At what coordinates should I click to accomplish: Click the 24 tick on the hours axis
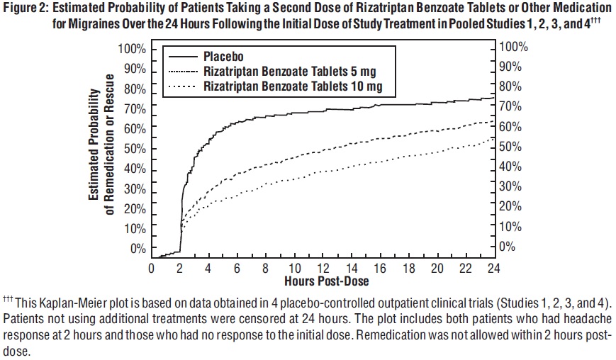click(x=493, y=269)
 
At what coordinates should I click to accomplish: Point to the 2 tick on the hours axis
click(x=180, y=269)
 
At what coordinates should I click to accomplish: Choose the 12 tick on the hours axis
click(x=323, y=269)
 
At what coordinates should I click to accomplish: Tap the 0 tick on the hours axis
click(x=152, y=269)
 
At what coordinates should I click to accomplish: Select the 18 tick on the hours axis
click(x=408, y=269)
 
